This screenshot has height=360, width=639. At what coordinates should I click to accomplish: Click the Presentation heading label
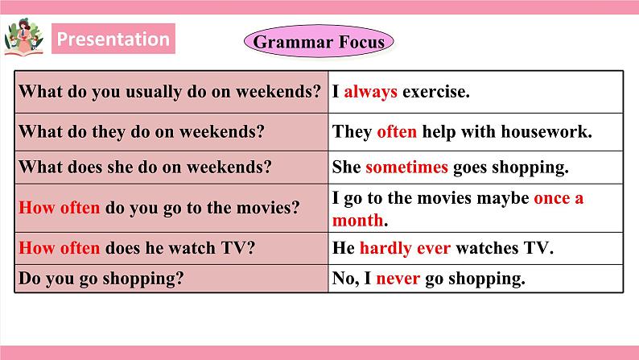pyautogui.click(x=113, y=39)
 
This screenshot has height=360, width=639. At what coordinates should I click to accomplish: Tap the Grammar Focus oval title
pyautogui.click(x=319, y=41)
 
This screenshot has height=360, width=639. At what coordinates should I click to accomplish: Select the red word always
pyautogui.click(x=370, y=92)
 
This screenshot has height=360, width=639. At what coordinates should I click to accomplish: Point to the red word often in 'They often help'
pyautogui.click(x=396, y=132)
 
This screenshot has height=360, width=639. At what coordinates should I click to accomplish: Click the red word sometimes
pyautogui.click(x=406, y=168)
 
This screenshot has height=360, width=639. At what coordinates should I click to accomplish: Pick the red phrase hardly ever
pyautogui.click(x=405, y=248)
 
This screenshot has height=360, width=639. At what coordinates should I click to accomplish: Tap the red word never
pyautogui.click(x=398, y=279)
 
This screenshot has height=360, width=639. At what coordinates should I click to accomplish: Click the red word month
pyautogui.click(x=358, y=220)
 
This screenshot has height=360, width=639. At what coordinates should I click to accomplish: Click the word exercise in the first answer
pyautogui.click(x=435, y=92)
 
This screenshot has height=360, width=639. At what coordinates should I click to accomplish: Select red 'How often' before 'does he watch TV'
pyautogui.click(x=59, y=248)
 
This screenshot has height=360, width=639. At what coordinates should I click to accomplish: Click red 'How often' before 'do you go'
pyautogui.click(x=59, y=208)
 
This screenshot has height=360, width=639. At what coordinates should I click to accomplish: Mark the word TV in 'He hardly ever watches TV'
pyautogui.click(x=538, y=248)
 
